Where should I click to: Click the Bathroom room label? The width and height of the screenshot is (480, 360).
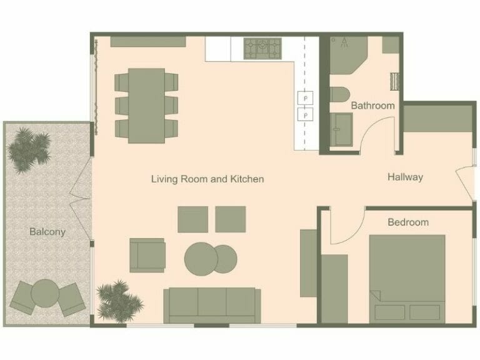pos(372,106)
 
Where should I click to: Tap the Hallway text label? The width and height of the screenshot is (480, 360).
pos(405,177)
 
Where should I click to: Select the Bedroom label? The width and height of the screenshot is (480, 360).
pos(408,222)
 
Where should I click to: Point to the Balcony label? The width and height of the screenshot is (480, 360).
pos(47,232)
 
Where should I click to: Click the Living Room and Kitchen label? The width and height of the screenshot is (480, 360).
pos(207,179)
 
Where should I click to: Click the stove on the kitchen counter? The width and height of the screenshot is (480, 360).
pos(262,46)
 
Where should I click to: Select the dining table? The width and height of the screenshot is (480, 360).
pos(146,105)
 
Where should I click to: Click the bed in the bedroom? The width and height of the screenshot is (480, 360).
pos(406,277)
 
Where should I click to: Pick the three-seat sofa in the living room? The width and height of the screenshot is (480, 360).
pos(212,304)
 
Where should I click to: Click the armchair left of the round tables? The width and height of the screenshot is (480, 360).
pos(147,255)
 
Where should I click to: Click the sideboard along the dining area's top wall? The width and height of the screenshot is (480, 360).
pos(148,41)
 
